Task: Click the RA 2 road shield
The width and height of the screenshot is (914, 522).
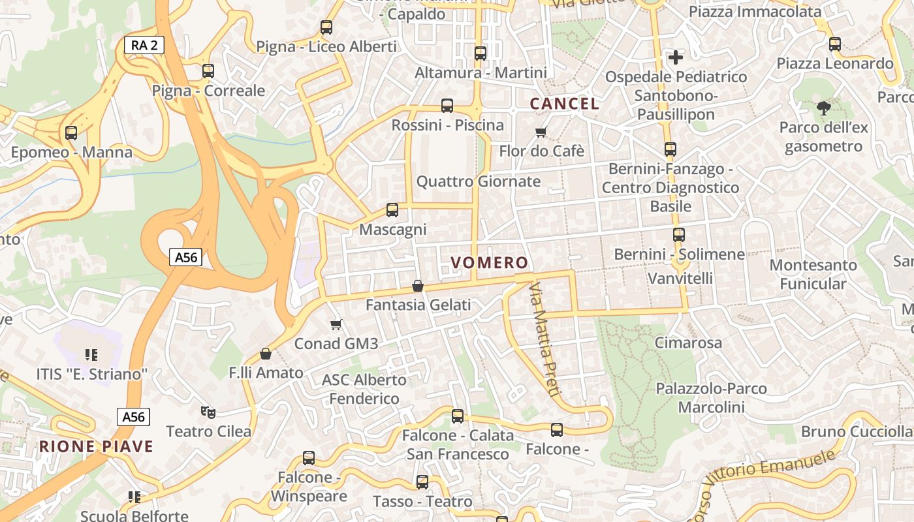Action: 144,45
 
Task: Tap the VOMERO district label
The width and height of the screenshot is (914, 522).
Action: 489,263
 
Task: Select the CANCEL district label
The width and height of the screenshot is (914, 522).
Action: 564,104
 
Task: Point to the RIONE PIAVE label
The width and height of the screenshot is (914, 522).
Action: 96,447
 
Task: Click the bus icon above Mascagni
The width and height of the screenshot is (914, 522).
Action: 392,210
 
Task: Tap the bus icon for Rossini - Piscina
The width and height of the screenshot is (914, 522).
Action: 447,106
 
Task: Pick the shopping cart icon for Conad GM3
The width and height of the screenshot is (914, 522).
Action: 336,324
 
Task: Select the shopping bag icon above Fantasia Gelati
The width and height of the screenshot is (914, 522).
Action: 418,286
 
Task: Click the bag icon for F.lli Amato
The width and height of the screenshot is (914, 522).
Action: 266,354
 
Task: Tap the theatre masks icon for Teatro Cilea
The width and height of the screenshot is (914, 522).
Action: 208,412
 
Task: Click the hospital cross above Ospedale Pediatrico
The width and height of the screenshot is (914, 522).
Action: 676,57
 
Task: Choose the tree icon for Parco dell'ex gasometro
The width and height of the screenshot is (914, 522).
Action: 824,108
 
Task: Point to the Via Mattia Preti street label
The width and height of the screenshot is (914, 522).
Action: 544,339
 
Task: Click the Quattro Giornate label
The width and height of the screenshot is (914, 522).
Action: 479,181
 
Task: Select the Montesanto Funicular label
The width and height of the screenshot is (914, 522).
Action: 813,274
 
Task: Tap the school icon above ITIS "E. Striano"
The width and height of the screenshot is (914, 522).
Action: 91,355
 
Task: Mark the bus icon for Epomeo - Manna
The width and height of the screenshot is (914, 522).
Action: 71,133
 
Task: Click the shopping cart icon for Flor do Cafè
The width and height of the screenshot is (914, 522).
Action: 541,132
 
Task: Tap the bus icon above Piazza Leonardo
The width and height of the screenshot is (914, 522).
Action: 835,44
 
